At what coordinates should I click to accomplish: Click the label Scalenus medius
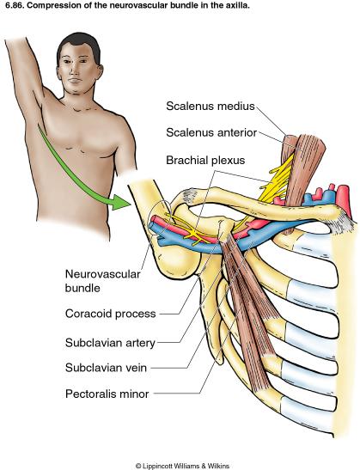(x=211, y=106)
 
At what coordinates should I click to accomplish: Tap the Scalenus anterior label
(x=211, y=132)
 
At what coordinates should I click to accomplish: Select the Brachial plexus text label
(x=205, y=160)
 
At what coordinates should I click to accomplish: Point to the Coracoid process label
(x=111, y=314)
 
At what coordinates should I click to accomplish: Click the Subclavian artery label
(x=110, y=343)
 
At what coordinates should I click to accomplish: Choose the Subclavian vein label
(x=106, y=368)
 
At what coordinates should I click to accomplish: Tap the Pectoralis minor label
(x=107, y=394)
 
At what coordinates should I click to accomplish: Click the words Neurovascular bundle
(x=102, y=281)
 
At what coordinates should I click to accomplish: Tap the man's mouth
(x=75, y=81)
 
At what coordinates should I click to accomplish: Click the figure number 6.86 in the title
(x=8, y=5)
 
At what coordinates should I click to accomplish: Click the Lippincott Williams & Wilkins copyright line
(x=182, y=466)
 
